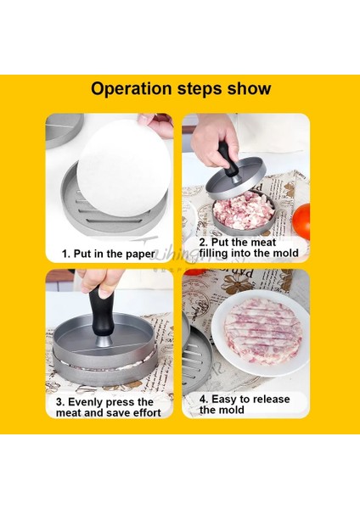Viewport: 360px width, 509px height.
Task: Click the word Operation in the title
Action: (131, 88)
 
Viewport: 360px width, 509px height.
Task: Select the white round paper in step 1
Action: (124, 168)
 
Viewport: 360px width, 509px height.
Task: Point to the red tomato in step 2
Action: (301, 221)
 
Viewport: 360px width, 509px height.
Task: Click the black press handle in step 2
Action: (228, 159)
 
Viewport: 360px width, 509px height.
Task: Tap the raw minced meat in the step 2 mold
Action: (244, 210)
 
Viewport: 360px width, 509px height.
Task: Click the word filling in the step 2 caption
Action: (212, 253)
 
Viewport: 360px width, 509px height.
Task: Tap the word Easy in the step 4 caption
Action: (224, 399)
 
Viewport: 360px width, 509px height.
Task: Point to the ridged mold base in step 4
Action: (197, 360)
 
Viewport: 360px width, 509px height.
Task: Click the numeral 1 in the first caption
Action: (64, 254)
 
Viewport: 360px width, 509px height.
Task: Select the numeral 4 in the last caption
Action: (202, 399)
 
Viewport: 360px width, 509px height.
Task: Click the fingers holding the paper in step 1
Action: (156, 125)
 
